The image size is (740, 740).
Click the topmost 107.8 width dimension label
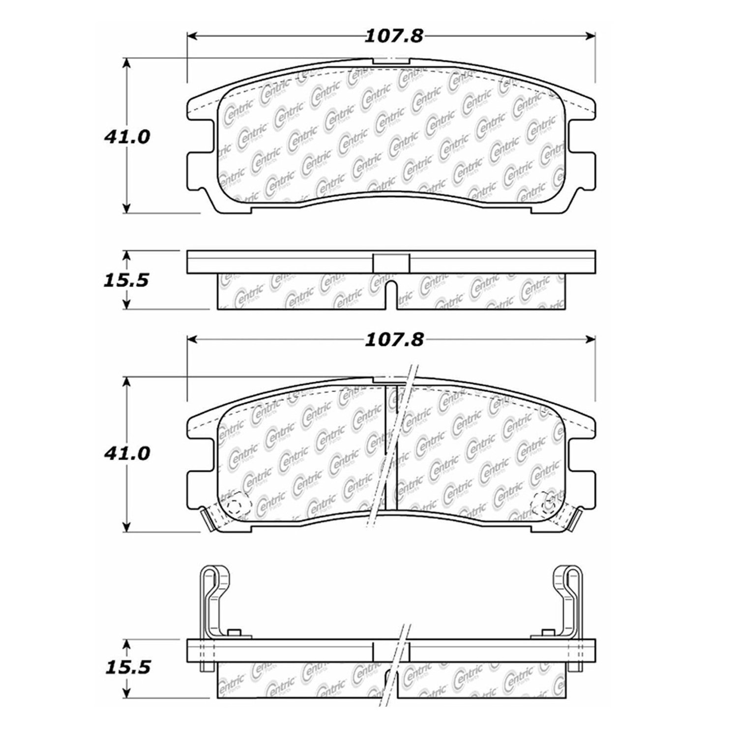(393, 36)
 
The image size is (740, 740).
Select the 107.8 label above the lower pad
(393, 340)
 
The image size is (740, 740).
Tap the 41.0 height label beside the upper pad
(126, 137)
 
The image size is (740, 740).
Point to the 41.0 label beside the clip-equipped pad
(126, 453)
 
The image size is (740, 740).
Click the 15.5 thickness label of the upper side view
(126, 280)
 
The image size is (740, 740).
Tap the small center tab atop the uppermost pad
(391, 61)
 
